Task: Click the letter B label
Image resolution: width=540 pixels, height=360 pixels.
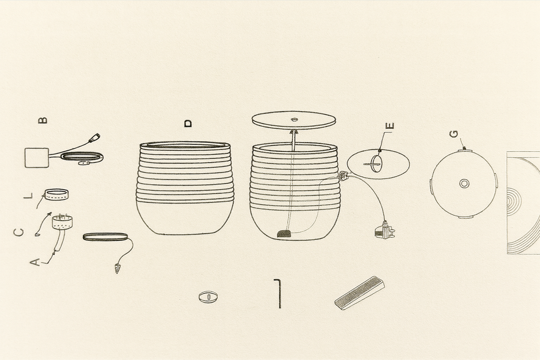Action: [43, 120]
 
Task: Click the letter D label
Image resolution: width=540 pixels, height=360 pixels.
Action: [188, 123]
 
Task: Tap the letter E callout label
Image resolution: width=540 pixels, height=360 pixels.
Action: [390, 126]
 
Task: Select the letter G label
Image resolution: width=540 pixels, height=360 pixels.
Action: [454, 134]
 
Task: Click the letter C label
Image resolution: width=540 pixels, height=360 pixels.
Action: [19, 232]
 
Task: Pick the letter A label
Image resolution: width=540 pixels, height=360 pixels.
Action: [35, 262]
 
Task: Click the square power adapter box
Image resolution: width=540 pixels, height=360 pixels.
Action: [36, 158]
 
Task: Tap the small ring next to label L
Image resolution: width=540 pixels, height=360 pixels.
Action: [56, 194]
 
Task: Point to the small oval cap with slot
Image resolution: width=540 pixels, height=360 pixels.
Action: [208, 297]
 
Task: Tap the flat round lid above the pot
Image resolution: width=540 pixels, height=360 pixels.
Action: [294, 120]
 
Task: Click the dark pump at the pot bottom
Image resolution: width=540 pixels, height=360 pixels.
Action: [284, 233]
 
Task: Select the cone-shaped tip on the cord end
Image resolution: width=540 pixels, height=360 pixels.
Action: [117, 268]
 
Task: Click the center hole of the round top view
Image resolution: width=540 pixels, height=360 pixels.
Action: [464, 183]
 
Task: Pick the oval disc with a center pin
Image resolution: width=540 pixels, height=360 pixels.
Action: [378, 164]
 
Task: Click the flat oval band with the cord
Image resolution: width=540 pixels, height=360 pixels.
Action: [105, 237]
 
